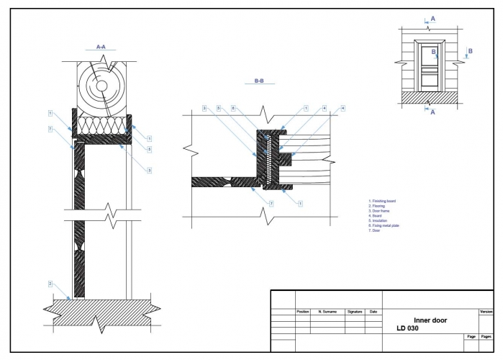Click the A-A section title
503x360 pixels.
click(x=101, y=46)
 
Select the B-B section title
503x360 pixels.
click(x=259, y=81)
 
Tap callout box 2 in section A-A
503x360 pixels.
click(x=50, y=284)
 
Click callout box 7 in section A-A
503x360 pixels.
click(x=50, y=128)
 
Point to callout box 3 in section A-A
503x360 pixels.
click(x=149, y=170)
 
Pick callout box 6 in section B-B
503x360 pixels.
click(x=234, y=108)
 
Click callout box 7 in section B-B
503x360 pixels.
click(x=271, y=204)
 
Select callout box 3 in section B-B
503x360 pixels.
click(x=204, y=108)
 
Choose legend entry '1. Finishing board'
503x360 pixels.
click(x=382, y=201)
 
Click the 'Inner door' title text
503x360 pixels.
click(x=430, y=320)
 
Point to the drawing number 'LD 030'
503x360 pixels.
click(x=407, y=328)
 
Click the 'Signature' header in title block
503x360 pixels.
click(x=355, y=312)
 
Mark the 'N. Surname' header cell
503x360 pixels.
click(x=327, y=312)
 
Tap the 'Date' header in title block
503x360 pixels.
click(x=373, y=312)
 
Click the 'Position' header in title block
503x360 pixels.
click(x=303, y=312)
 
